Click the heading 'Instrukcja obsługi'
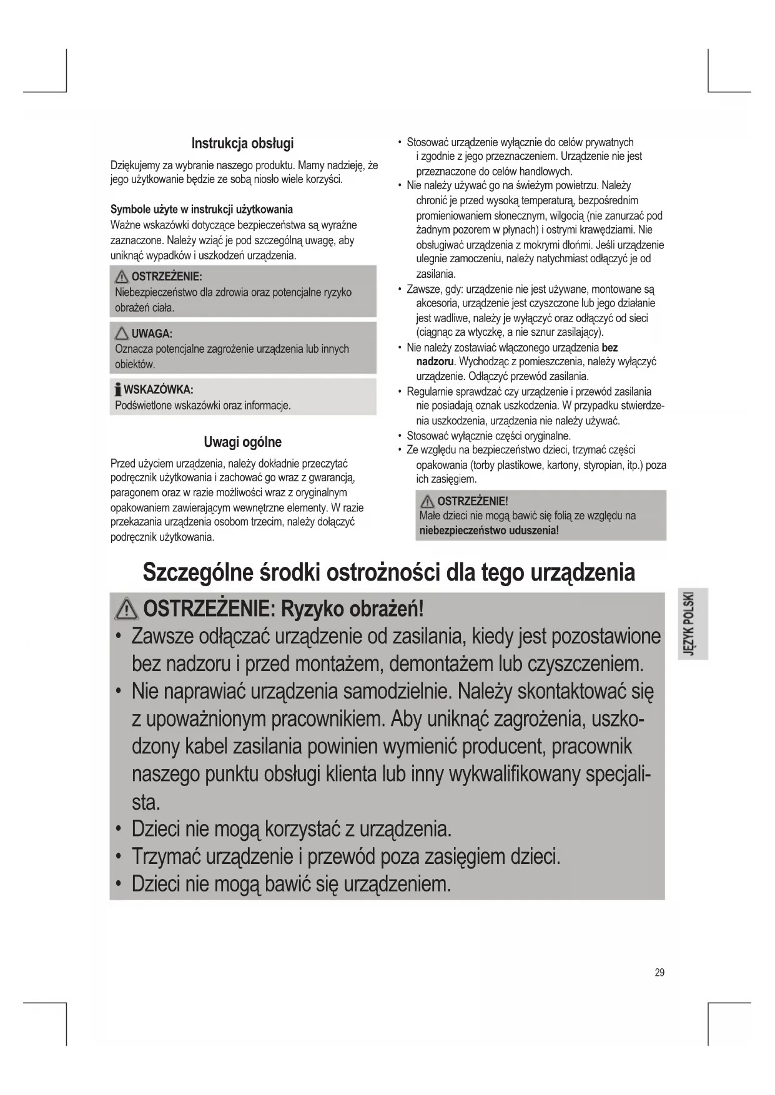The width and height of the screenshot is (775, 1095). [242, 143]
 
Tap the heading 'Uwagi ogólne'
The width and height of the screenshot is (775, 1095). [242, 442]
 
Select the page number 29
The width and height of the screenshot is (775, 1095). [659, 972]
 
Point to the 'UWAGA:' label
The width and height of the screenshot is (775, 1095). [152, 334]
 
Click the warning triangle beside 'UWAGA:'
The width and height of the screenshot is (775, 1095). [122, 333]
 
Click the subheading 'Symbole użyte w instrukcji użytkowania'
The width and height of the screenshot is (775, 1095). [202, 209]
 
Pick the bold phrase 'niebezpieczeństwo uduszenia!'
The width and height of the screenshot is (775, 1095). [488, 531]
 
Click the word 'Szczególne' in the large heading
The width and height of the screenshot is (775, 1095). [199, 572]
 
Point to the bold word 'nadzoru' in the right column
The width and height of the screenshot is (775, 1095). [435, 361]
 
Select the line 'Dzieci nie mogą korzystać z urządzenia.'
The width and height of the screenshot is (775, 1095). [291, 829]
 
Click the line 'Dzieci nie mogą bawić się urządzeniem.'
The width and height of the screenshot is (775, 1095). [291, 884]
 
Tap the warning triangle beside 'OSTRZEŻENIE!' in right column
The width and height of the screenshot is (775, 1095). [428, 501]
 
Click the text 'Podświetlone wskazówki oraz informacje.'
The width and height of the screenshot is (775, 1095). [203, 405]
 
